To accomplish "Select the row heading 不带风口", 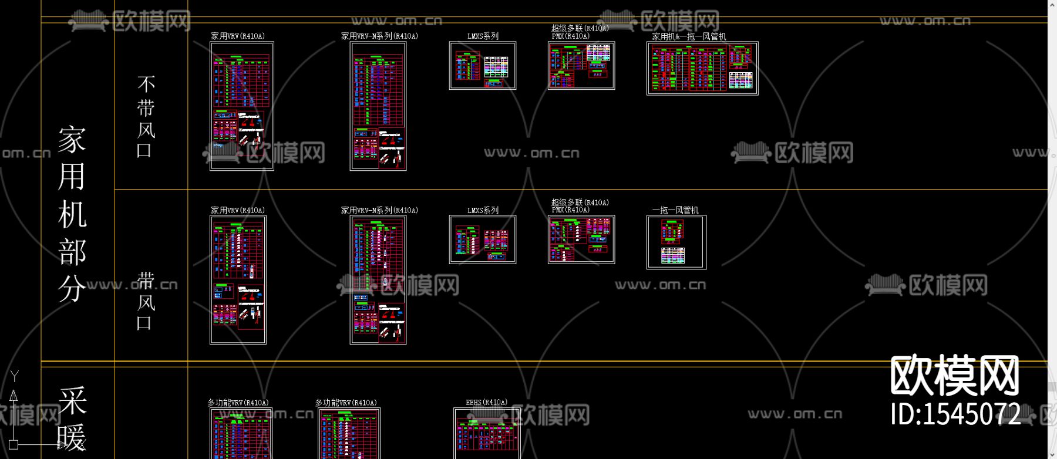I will click(146, 116).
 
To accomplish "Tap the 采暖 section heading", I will click(72, 419).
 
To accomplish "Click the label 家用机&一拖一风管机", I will click(689, 36).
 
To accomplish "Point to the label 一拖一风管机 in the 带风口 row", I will click(675, 210).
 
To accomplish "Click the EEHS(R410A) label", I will click(486, 403).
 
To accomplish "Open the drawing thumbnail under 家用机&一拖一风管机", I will click(702, 68).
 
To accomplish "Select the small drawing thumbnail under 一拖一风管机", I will click(676, 242).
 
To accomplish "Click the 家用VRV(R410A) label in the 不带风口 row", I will click(238, 36).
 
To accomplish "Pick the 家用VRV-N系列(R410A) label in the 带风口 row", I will click(379, 210).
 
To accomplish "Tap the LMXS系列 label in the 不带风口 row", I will click(483, 36).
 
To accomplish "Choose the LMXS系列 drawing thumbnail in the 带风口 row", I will click(483, 239).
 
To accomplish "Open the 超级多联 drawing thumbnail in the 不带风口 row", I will click(581, 66).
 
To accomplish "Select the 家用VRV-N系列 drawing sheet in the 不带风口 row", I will click(378, 106).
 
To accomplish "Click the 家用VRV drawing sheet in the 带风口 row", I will click(238, 279).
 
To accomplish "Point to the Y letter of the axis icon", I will click(15, 376).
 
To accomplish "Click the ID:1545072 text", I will click(955, 414).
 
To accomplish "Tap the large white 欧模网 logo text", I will click(955, 376).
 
